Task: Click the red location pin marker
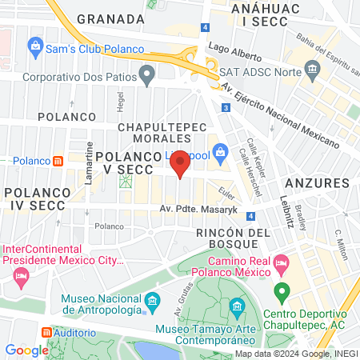(x=181, y=163)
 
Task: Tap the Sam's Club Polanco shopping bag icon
(x=35, y=48)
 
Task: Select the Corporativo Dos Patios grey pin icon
(x=146, y=77)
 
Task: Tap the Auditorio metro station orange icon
(x=46, y=332)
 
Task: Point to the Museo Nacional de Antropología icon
(x=152, y=302)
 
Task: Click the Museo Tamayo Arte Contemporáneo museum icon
(x=237, y=307)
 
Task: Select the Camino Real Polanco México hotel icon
(x=281, y=262)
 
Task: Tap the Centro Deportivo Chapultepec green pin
(x=281, y=291)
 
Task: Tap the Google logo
(x=26, y=350)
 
